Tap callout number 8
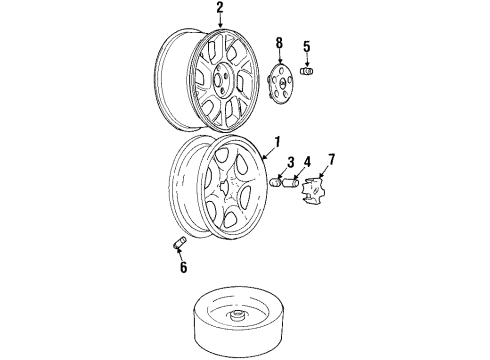point(279,43)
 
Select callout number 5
point(307,46)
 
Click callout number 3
point(289,162)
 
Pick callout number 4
point(307,162)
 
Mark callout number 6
point(183,267)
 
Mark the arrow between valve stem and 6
point(180,255)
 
